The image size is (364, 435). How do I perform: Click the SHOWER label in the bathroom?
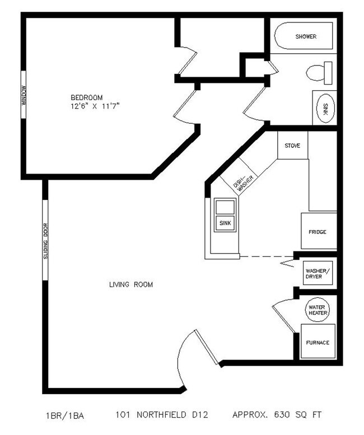(306, 37)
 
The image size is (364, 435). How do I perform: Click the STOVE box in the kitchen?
(292, 146)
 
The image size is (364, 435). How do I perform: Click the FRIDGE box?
(319, 231)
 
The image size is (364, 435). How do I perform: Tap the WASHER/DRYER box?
(318, 274)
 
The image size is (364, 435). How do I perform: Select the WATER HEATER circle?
(318, 308)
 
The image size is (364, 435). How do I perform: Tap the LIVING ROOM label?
(130, 285)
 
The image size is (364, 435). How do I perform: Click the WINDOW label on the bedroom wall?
(24, 95)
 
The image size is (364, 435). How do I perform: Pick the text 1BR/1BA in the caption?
(64, 416)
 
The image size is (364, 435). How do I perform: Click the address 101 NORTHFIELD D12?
(162, 416)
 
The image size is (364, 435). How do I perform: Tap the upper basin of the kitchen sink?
(225, 206)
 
